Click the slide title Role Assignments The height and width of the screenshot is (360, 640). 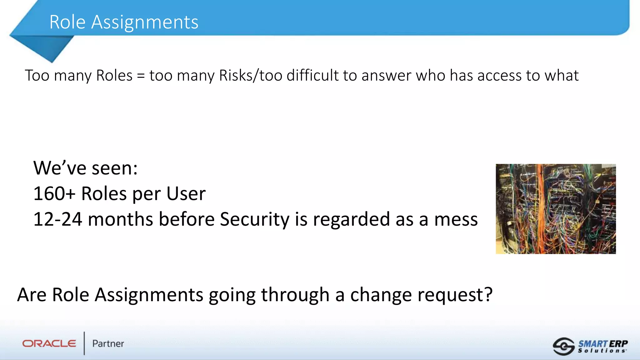(124, 22)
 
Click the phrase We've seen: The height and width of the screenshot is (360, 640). (85, 168)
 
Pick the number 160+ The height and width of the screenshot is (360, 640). (54, 194)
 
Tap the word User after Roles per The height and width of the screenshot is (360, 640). (186, 194)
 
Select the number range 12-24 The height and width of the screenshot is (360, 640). (58, 219)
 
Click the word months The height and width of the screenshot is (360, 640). (121, 219)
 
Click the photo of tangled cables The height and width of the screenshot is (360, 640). (556, 209)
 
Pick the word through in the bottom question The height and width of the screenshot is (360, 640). (295, 295)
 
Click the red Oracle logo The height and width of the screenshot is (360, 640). (49, 344)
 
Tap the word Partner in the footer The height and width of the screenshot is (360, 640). (108, 344)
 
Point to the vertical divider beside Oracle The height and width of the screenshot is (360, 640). (84, 343)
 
